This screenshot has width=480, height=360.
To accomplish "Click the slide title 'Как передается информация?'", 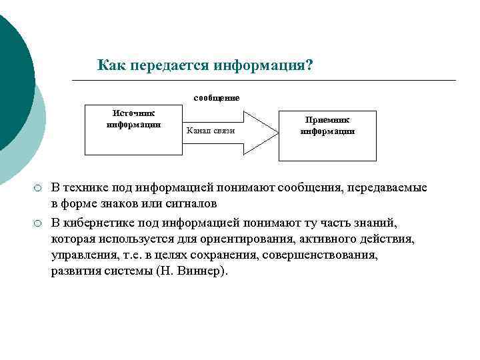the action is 205,65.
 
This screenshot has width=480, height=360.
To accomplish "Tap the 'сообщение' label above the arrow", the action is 217,98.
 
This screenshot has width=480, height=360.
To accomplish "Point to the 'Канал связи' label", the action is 211,131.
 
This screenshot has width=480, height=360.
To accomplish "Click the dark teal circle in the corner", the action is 10,80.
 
